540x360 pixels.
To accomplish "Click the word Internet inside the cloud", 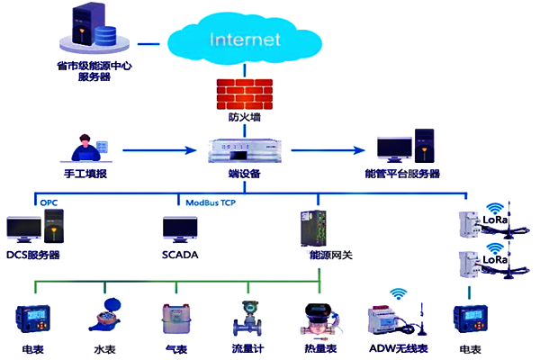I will (x=246, y=40).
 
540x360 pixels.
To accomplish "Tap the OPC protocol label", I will (x=48, y=203).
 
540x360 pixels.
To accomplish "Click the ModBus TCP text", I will (x=211, y=203).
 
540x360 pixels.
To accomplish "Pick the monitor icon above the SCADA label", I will (x=178, y=229).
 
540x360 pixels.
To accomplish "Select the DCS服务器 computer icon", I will (x=31, y=230).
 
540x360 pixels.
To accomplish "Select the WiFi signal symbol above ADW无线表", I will (x=397, y=293).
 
